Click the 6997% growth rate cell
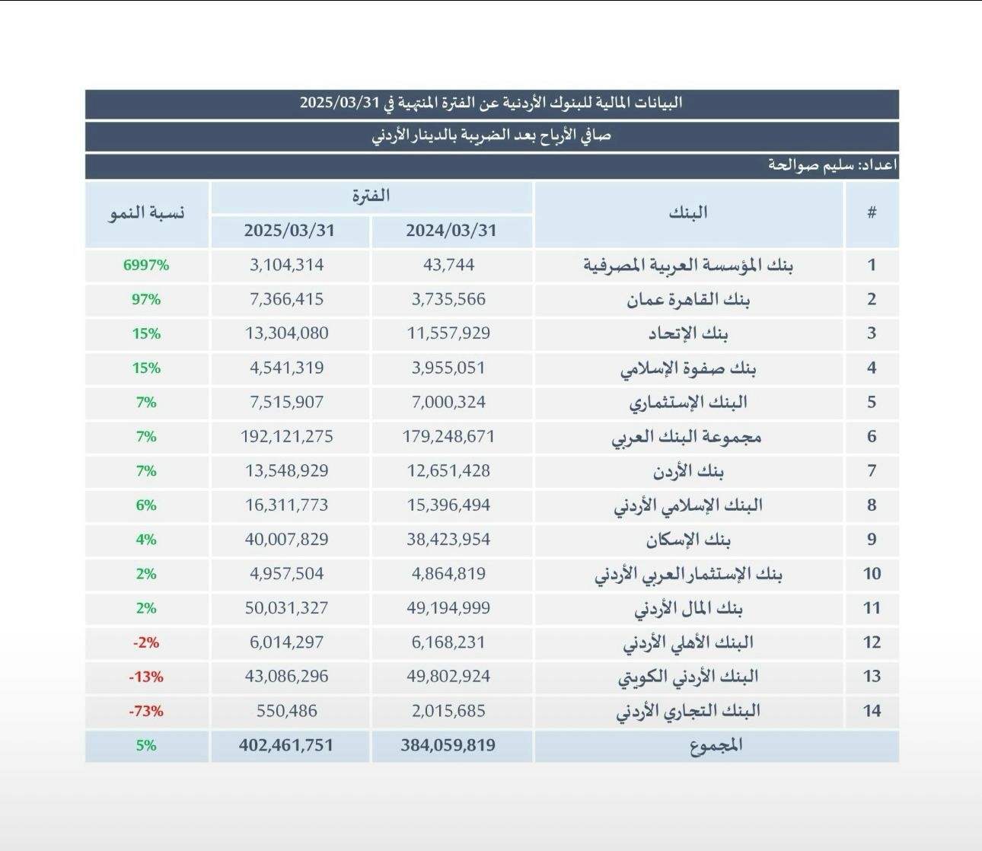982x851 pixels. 146,266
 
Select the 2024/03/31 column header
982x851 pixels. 451,231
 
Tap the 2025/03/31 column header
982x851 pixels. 289,231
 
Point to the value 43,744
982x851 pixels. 448,266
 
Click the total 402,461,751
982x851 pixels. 286,745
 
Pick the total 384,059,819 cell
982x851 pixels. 448,745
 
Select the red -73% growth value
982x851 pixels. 146,711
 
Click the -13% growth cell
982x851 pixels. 146,677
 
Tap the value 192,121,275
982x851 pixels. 286,437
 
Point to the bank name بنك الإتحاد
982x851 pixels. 688,333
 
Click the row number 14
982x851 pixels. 872,711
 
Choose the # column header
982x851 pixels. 872,213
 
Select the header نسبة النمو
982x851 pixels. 146,213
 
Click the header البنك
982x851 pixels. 688,213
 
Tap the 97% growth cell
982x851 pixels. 146,300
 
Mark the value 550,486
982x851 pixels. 286,711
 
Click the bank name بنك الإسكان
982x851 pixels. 688,540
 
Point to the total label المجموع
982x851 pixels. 716,745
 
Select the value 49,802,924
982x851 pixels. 448,677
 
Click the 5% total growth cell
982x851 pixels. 146,745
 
